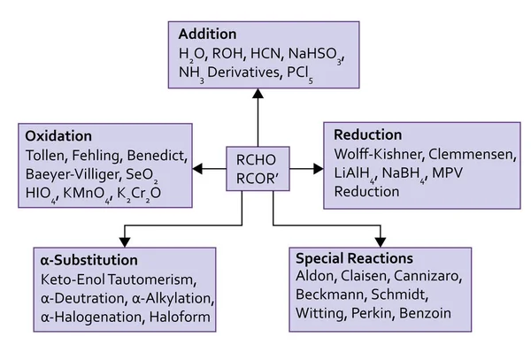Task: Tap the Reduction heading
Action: pyautogui.click(x=367, y=134)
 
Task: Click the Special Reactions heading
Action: pyautogui.click(x=354, y=258)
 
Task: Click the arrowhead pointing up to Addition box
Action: pyautogui.click(x=257, y=95)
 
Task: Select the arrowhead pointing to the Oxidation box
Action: pyautogui.click(x=197, y=167)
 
